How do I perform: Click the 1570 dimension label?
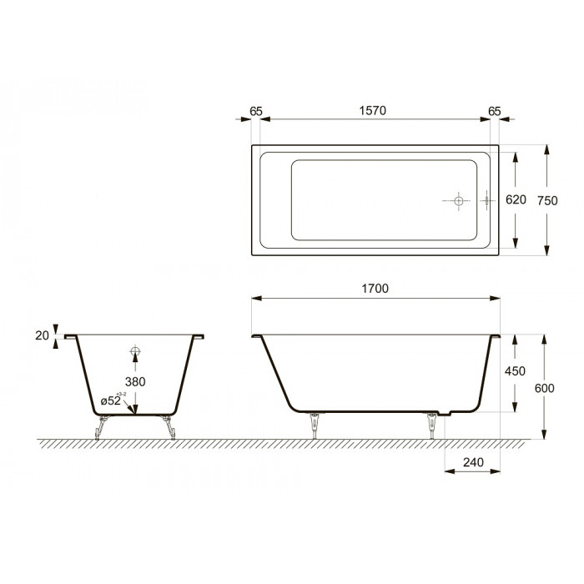pos(372,111)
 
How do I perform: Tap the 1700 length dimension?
pos(375,289)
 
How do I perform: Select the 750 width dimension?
pos(547,201)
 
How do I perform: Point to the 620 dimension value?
pos(516,199)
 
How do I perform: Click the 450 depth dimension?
pos(515,371)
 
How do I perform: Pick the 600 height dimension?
pos(545,388)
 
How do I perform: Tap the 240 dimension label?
pos(473,462)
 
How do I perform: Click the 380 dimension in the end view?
pos(135,382)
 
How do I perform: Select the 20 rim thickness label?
pos(42,335)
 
